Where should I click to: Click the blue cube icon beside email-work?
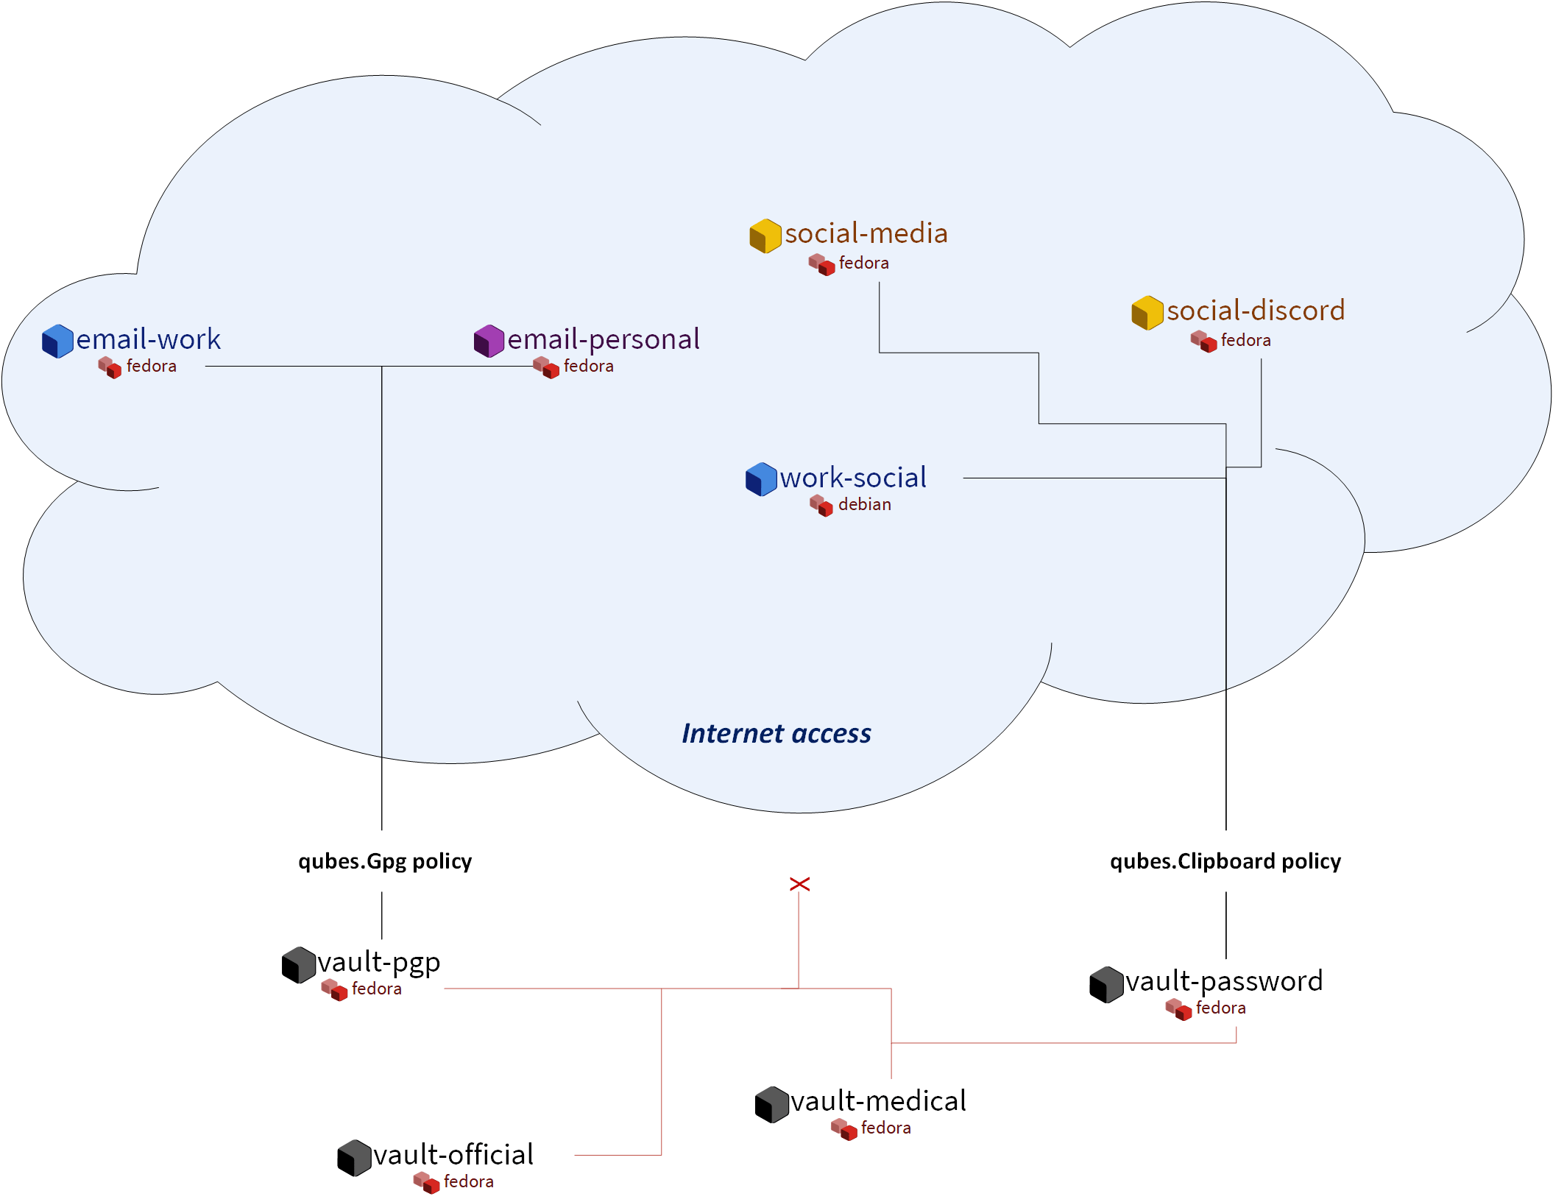click(x=57, y=341)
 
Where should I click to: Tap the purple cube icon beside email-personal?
click(x=489, y=341)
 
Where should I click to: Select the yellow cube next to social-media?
click(x=765, y=236)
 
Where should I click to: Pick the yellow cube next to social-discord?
click(x=1147, y=313)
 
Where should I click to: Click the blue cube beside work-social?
click(x=761, y=479)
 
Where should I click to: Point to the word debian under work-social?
click(x=864, y=504)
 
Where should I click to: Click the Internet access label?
click(x=776, y=733)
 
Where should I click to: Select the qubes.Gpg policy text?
click(x=384, y=861)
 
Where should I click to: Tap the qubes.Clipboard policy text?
click(x=1225, y=861)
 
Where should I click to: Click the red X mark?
click(x=799, y=883)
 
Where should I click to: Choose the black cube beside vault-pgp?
click(x=298, y=965)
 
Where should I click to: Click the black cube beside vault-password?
click(x=1106, y=985)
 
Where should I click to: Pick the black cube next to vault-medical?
click(x=771, y=1104)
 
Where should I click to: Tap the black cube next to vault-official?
click(x=354, y=1158)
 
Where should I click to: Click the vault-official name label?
click(x=453, y=1155)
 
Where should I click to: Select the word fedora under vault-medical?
click(x=885, y=1128)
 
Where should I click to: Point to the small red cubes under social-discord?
click(x=1203, y=341)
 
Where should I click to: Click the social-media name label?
click(x=866, y=233)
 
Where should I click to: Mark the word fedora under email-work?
click(x=151, y=366)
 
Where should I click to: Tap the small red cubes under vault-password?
click(x=1178, y=1008)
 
